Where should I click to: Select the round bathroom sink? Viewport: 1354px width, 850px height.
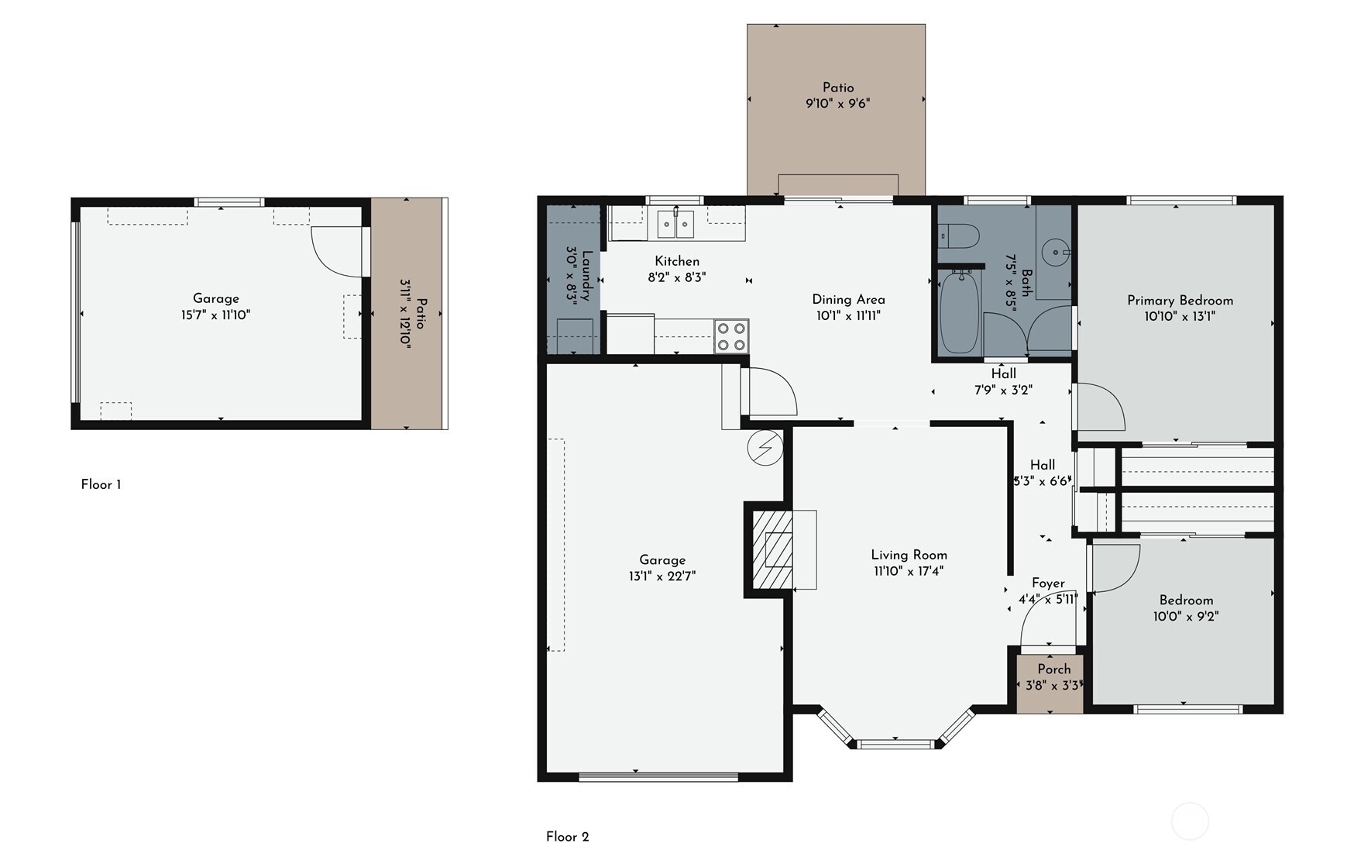point(1055,252)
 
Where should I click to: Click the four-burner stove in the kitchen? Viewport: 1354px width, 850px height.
point(731,336)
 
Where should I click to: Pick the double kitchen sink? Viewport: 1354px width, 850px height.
point(676,224)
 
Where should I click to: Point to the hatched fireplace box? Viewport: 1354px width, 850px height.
point(772,549)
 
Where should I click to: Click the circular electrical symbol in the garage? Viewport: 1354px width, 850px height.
point(765,448)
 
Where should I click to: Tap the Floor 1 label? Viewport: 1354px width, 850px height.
point(101,485)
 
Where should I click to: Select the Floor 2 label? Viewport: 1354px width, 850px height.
point(567,837)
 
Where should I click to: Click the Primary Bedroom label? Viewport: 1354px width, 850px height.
point(1180,301)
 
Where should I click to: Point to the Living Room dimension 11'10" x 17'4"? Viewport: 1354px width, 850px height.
point(909,572)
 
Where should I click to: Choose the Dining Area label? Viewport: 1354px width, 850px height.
point(848,299)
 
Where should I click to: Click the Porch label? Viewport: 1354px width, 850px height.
point(1054,669)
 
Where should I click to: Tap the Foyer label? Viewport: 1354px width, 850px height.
point(1048,583)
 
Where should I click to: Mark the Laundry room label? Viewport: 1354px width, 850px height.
point(587,276)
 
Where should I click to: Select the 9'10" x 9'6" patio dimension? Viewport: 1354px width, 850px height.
point(838,104)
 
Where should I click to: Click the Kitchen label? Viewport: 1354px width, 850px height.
point(677,261)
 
